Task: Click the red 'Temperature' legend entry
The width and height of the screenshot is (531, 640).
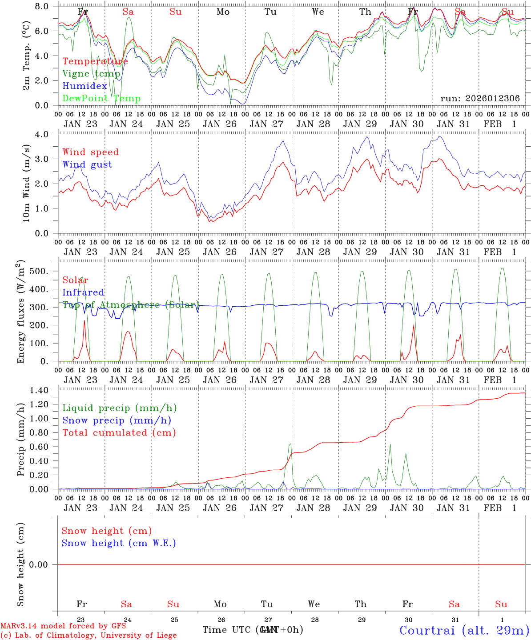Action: pyautogui.click(x=95, y=61)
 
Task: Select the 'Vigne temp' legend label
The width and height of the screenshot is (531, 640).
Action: pyautogui.click(x=91, y=74)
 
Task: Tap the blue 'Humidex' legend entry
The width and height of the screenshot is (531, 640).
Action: pyautogui.click(x=84, y=86)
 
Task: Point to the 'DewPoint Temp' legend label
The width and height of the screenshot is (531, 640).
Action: pyautogui.click(x=101, y=99)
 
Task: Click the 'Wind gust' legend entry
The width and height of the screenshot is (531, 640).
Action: pyautogui.click(x=87, y=164)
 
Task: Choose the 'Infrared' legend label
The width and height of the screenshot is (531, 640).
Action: pyautogui.click(x=83, y=292)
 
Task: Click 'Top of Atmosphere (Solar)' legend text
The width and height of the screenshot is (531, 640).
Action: pyautogui.click(x=130, y=305)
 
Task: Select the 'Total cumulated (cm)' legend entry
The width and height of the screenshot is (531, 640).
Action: pyautogui.click(x=119, y=433)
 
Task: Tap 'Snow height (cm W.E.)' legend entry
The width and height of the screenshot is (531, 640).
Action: pyautogui.click(x=119, y=543)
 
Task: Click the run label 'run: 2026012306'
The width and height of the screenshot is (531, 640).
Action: pyautogui.click(x=480, y=99)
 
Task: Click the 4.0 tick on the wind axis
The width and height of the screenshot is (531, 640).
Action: pyautogui.click(x=44, y=134)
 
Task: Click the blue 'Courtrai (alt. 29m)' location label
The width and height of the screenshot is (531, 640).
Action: pyautogui.click(x=464, y=630)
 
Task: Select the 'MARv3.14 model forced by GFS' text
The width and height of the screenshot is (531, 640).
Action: pyautogui.click(x=63, y=626)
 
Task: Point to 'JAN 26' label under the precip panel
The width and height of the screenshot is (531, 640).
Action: pyautogui.click(x=220, y=508)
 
